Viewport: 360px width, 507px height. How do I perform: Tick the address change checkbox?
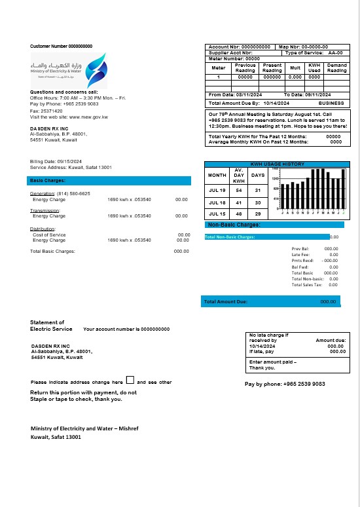[130, 380]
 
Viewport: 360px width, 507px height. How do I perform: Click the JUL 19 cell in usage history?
[217, 190]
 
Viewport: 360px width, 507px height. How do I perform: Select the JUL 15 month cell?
[217, 214]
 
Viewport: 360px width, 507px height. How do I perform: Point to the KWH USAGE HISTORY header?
[278, 164]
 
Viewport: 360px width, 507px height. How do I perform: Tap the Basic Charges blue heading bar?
[109, 180]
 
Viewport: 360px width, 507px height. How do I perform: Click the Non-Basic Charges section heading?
[233, 225]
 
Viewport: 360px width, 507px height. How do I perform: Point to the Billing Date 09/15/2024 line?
[56, 161]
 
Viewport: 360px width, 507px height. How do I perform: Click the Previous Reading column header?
[245, 68]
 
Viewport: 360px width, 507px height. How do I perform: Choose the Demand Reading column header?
[336, 68]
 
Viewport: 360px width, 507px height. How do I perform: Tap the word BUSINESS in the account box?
[331, 103]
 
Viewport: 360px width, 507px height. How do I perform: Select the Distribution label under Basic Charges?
[43, 229]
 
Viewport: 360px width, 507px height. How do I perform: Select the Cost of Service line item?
[49, 235]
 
